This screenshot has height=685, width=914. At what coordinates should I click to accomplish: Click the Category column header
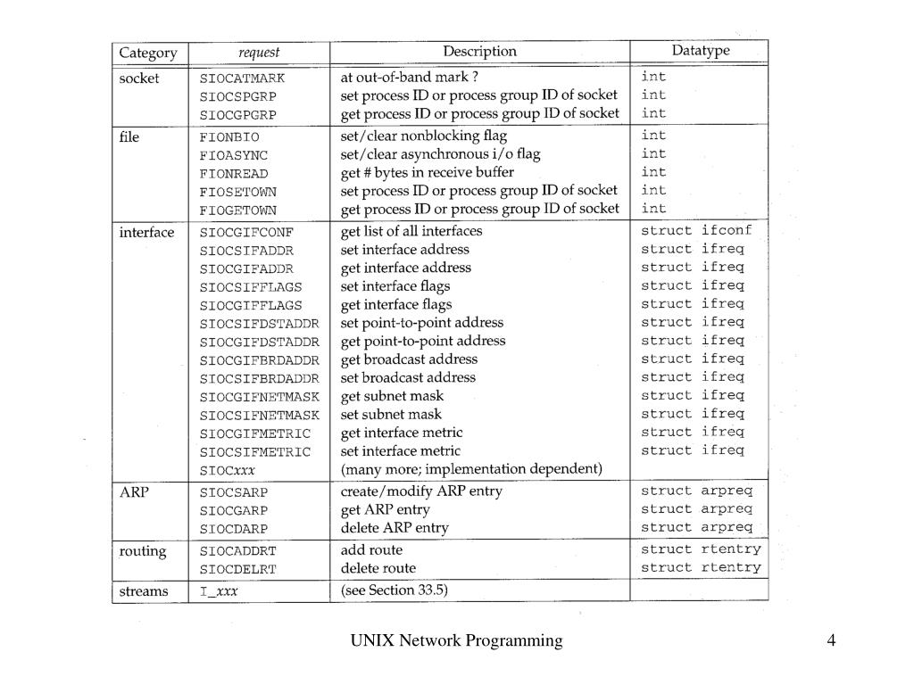click(148, 53)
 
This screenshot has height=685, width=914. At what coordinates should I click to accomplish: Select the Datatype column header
click(701, 51)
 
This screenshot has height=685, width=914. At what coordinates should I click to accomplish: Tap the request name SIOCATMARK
click(242, 78)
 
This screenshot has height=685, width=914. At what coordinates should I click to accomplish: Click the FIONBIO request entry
click(229, 137)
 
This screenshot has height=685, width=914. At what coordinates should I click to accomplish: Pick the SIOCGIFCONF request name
click(246, 233)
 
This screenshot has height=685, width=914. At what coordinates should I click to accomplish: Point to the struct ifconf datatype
click(696, 231)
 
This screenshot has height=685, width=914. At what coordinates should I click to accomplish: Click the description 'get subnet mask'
click(392, 396)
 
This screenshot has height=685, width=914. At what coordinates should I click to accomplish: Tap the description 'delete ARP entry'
click(395, 527)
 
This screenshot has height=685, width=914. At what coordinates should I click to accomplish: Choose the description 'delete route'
click(378, 568)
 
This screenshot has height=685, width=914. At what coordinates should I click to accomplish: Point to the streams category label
click(144, 591)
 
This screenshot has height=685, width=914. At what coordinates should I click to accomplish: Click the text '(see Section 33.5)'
click(394, 590)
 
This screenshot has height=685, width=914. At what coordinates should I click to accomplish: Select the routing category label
click(143, 551)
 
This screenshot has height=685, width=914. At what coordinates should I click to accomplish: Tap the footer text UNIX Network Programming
click(456, 640)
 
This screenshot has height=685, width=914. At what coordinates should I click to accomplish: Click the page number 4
click(832, 640)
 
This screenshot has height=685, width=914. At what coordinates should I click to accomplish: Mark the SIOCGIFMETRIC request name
click(255, 433)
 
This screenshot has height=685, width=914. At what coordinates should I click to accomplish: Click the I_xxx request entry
click(219, 591)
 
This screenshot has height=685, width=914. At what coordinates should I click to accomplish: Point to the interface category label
click(147, 233)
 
